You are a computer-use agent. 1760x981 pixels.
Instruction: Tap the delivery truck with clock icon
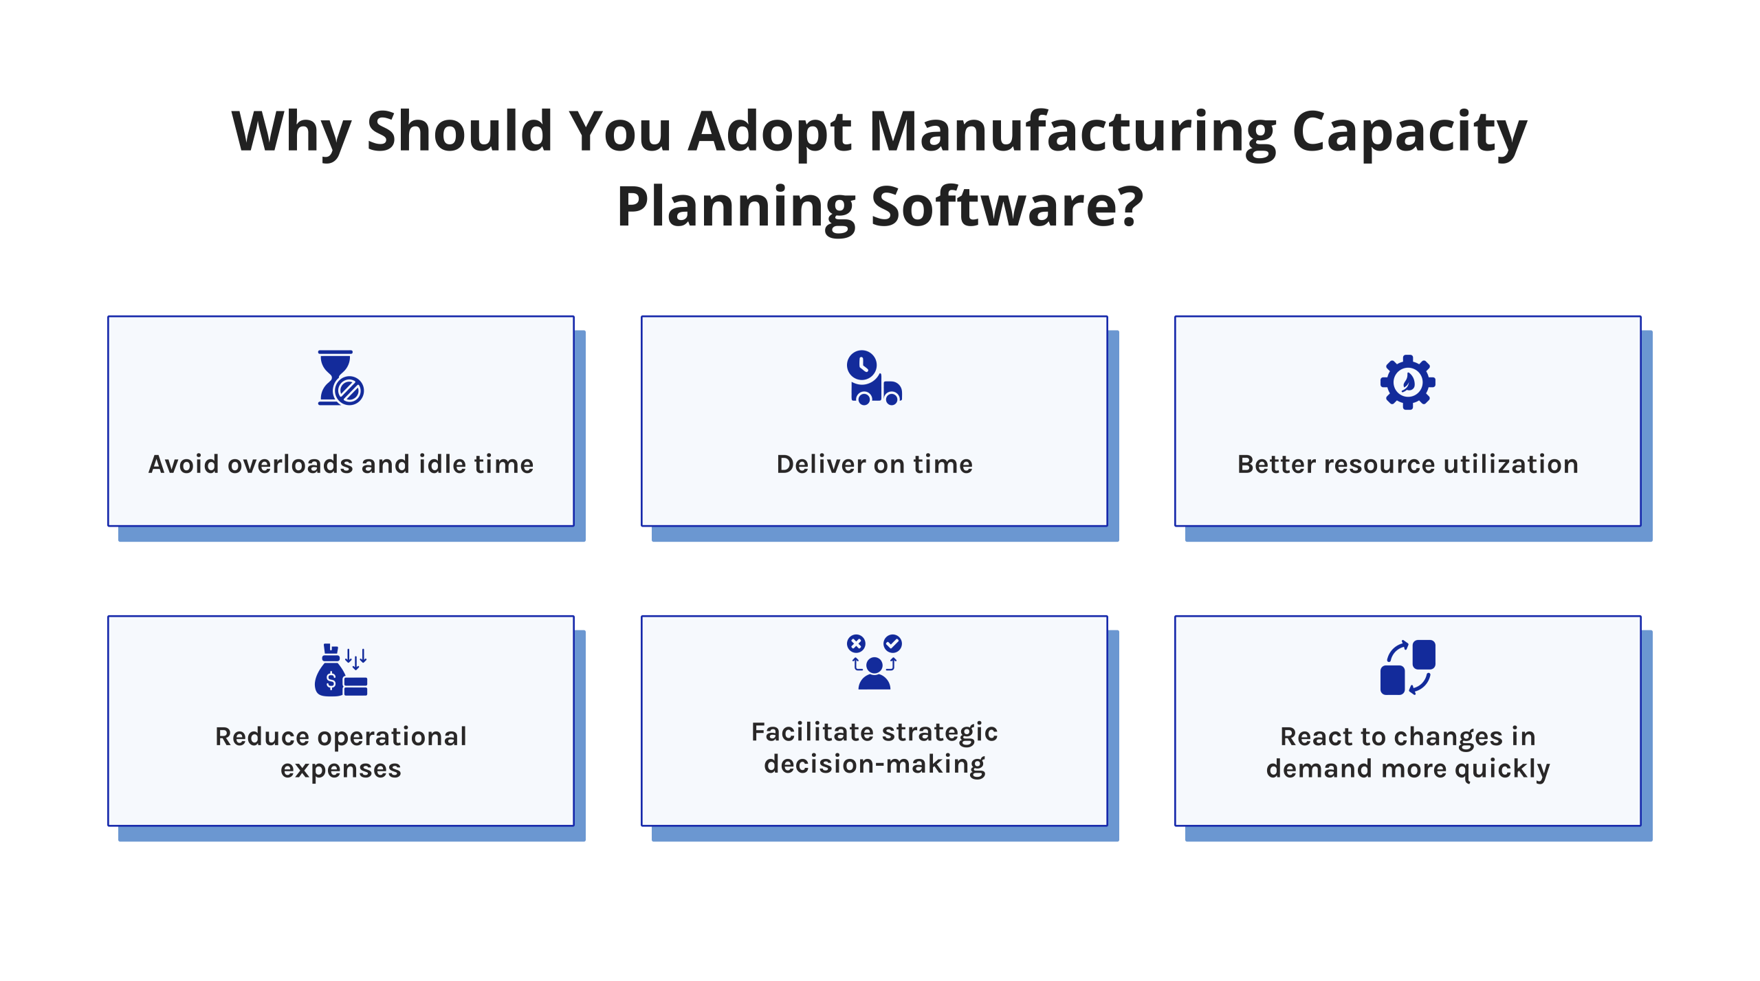(874, 378)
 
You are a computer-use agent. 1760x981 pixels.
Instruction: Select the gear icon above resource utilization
(1407, 382)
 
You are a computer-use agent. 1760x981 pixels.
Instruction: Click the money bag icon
(340, 670)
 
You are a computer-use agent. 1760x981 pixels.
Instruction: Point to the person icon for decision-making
(874, 674)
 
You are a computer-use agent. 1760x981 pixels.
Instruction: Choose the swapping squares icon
(1407, 668)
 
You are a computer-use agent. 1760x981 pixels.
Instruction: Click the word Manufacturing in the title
(1072, 131)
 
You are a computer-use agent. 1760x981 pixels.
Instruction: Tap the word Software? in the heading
(1007, 206)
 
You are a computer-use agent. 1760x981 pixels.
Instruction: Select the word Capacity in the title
(1409, 131)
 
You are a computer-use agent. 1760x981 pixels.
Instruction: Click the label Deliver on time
(874, 465)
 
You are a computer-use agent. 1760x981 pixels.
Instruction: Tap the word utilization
(1510, 465)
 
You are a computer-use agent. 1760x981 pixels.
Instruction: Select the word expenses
(340, 769)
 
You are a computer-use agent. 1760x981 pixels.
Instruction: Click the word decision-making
(874, 764)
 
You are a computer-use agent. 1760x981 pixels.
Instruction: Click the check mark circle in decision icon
(892, 643)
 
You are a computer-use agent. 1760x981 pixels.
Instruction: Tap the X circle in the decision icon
(856, 643)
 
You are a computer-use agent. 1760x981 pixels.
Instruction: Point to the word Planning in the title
(736, 206)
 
